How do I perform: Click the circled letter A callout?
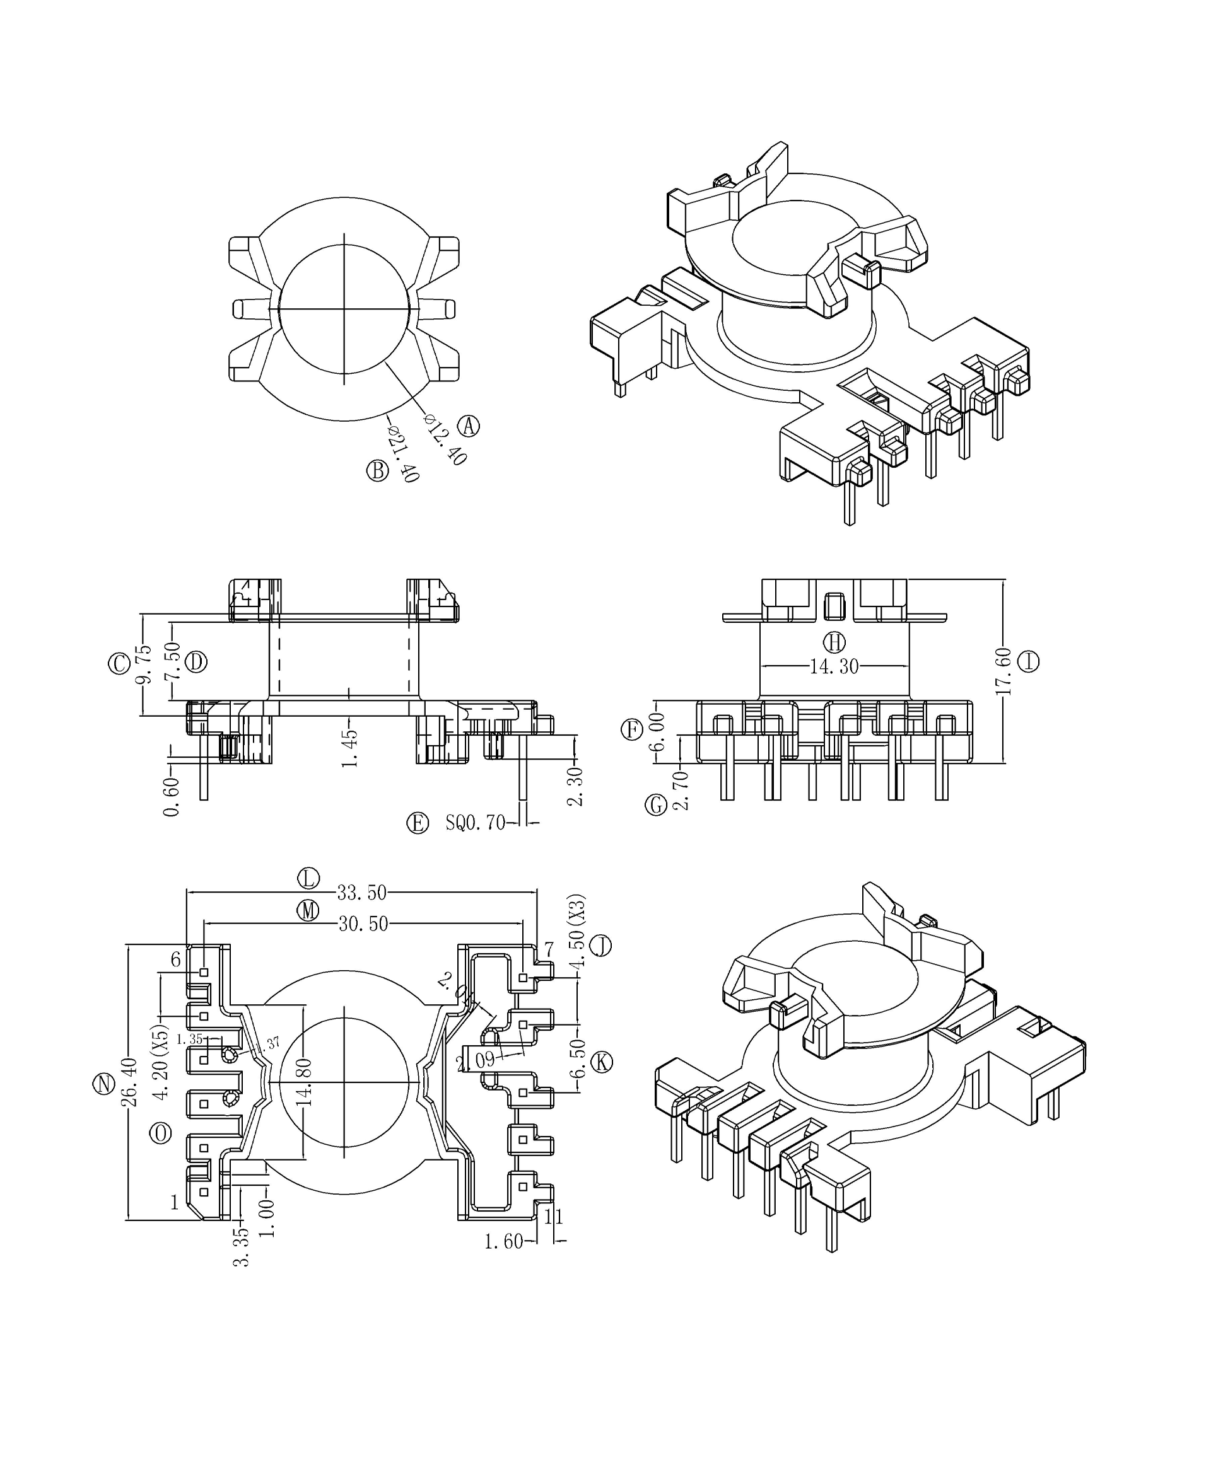point(469,425)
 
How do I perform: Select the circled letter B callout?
point(377,471)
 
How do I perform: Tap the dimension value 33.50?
point(361,891)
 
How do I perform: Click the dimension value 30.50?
point(363,924)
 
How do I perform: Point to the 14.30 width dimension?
point(834,666)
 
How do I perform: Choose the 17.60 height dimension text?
point(1003,671)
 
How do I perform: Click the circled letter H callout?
point(834,642)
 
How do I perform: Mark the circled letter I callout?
point(1029,661)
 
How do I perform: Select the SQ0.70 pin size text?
point(476,823)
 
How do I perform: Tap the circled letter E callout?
point(418,823)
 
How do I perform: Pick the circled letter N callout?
point(103,1084)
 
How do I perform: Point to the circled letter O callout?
point(161,1134)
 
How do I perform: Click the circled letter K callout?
point(602,1062)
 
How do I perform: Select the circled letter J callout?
point(601,946)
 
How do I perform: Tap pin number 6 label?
point(176,959)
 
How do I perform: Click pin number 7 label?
point(549,949)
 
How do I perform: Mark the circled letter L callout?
point(308,878)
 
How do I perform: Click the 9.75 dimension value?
point(143,664)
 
